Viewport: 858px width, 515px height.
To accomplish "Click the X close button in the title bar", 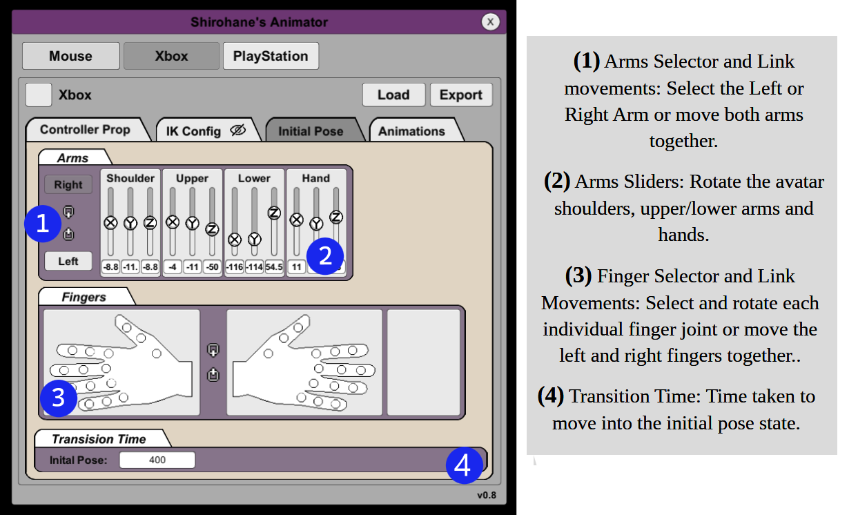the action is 490,22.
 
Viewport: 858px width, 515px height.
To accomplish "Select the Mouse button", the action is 71,56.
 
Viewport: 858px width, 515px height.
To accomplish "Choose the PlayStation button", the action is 271,56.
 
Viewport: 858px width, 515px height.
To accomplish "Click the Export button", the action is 461,95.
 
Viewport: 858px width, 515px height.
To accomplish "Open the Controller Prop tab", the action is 86,130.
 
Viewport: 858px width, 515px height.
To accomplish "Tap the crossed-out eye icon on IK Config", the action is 238,130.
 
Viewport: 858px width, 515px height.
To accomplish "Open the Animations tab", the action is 412,131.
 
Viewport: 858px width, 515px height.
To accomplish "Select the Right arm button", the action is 68,184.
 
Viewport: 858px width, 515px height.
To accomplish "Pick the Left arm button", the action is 68,261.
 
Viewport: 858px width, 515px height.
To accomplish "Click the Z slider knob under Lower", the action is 274,213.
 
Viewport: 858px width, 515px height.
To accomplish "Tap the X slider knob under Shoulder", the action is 110,222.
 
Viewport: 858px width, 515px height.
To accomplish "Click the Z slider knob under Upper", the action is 212,229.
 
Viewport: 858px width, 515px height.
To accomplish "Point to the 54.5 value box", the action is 274,266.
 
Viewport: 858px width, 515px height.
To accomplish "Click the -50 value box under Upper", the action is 212,266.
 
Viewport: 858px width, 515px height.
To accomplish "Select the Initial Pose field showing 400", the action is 157,460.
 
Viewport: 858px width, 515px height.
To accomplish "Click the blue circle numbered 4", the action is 465,465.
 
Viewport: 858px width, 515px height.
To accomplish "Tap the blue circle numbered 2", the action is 325,256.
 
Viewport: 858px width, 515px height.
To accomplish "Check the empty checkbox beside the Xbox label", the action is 39,95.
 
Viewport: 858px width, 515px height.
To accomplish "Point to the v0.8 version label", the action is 487,495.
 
